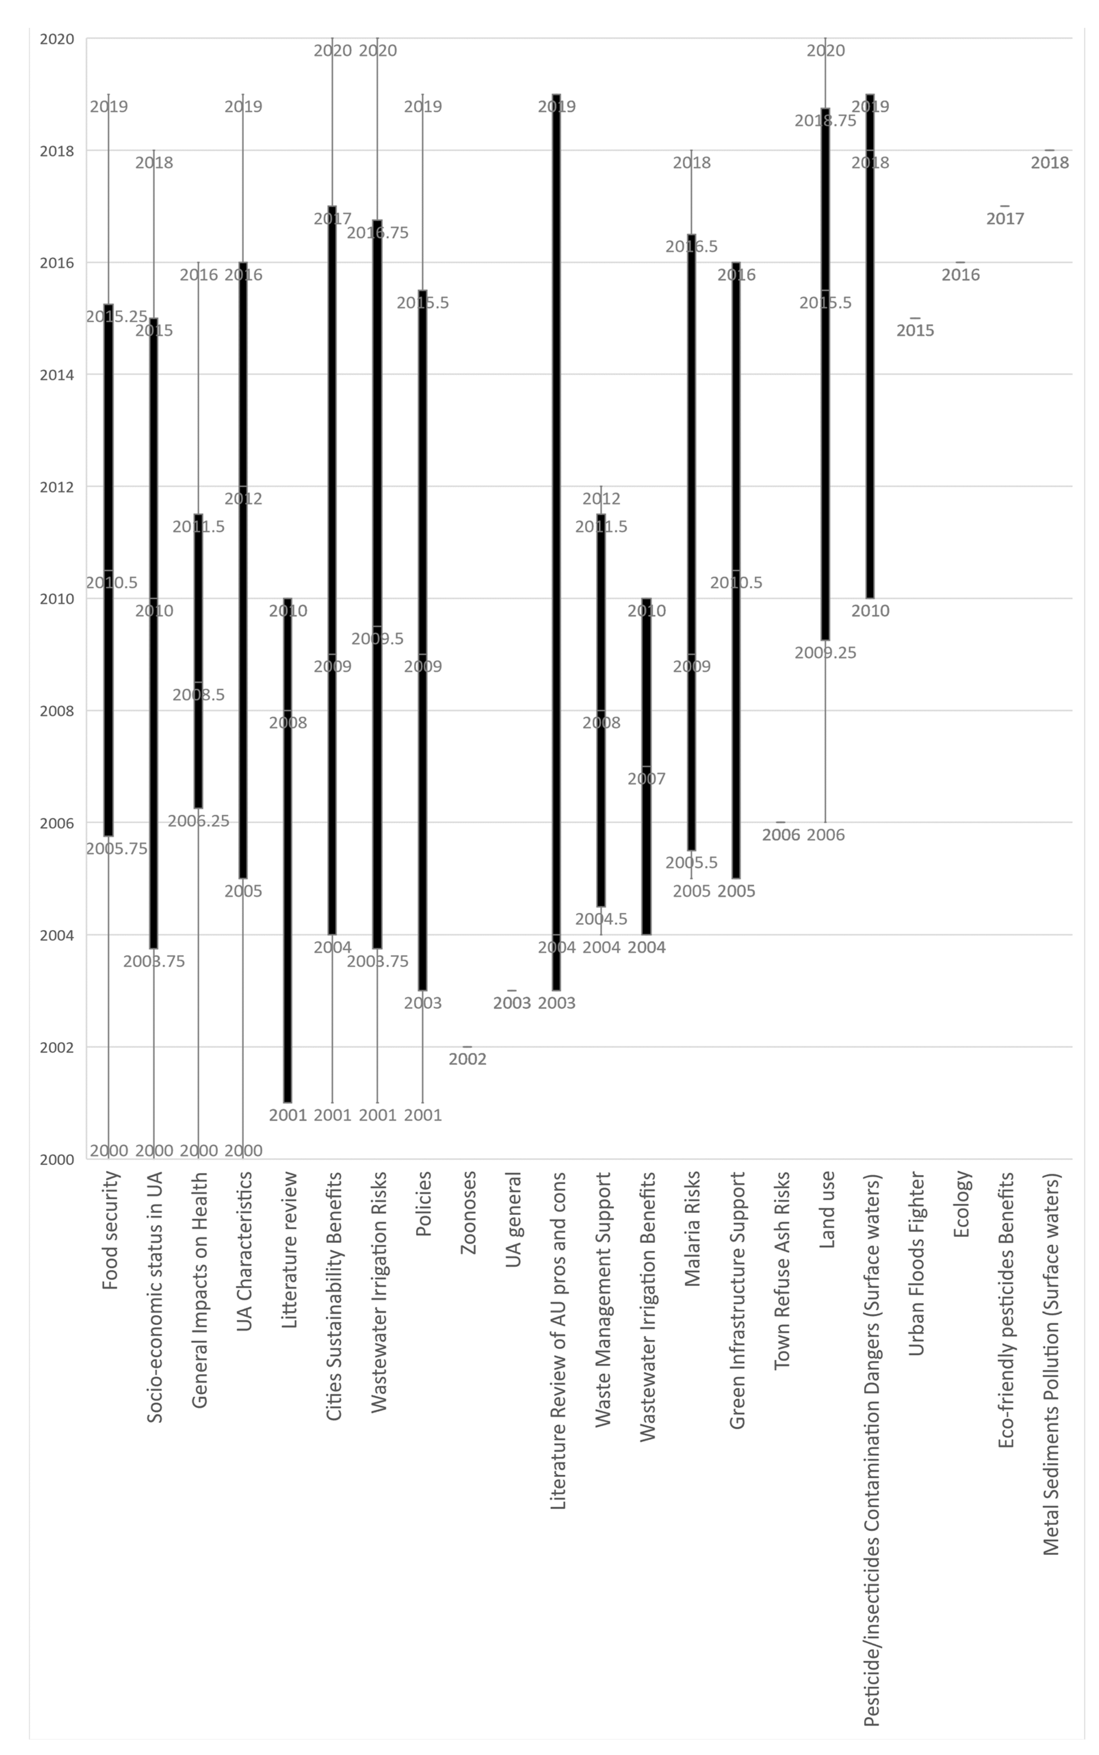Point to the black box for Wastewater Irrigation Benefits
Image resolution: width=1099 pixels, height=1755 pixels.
pyautogui.click(x=646, y=766)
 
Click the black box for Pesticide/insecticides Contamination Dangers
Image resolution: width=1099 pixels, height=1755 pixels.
pyautogui.click(x=870, y=346)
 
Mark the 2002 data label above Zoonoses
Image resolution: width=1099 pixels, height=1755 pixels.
pyautogui.click(x=467, y=1059)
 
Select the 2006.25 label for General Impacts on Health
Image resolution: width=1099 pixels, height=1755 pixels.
pyautogui.click(x=198, y=821)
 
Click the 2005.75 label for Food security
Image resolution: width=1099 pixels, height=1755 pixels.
pyautogui.click(x=116, y=848)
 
